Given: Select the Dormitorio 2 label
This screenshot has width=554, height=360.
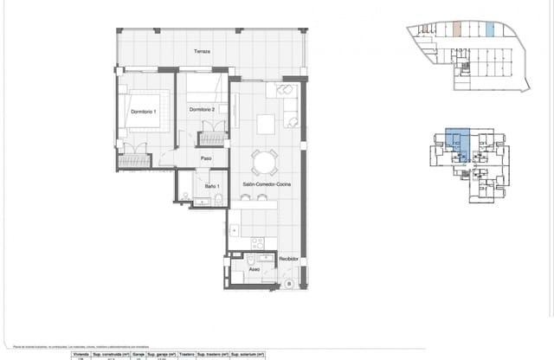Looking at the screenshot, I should [x=202, y=109].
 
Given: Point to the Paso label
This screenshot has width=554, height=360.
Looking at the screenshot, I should [x=207, y=158].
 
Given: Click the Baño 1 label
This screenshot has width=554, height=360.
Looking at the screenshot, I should [x=212, y=186].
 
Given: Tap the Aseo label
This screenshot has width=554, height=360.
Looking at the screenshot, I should [x=254, y=269].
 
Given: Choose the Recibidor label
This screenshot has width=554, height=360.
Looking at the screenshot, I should [x=288, y=259].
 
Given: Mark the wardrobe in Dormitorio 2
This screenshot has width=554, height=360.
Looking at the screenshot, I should [x=210, y=133].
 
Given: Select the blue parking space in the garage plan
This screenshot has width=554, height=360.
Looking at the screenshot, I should [x=490, y=29].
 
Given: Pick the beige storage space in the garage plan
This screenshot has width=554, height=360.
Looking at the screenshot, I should [x=456, y=29].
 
